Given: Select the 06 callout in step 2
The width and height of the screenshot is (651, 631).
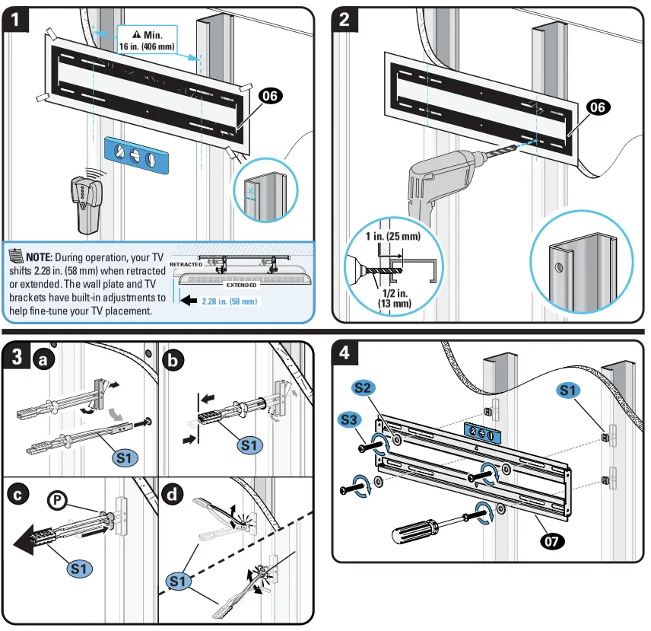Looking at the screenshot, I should tap(598, 107).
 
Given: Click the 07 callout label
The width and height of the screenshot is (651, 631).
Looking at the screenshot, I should tap(552, 541).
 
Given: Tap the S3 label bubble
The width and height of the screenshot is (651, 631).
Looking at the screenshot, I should tap(350, 419).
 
